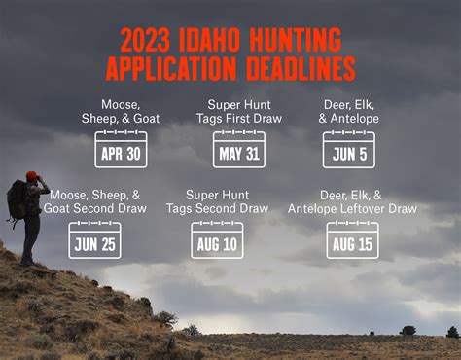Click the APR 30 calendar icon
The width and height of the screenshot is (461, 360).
pos(121,150)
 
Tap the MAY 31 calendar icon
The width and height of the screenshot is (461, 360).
pos(239,150)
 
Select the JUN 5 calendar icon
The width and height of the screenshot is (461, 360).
pos(349,150)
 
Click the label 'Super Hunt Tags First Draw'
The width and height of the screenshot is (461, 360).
pos(239,111)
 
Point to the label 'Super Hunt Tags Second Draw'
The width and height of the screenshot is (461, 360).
pos(217,200)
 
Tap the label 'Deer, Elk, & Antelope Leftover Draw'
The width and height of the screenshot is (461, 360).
pos(352,200)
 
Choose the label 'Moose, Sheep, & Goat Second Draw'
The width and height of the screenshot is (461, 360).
pos(94,200)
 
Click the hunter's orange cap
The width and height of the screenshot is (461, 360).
pos(33,175)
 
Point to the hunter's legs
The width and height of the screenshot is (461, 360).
pos(31,238)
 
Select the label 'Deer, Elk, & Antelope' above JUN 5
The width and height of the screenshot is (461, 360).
pos(349,111)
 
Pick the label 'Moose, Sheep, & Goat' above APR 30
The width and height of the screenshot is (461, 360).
pos(121,111)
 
